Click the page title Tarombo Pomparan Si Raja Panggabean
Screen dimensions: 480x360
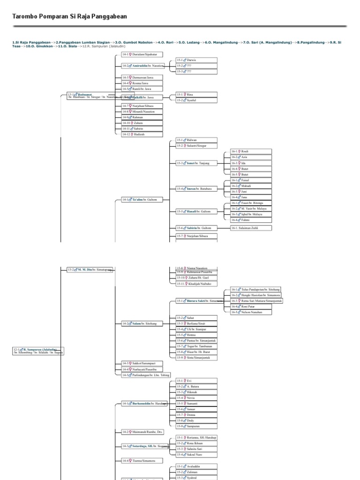(x=69, y=16)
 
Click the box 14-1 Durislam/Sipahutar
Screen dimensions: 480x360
(x=142, y=54)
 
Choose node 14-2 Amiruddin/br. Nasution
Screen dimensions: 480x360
(x=142, y=66)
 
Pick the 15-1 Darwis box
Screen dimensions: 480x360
(x=196, y=60)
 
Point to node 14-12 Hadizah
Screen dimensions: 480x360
(x=142, y=134)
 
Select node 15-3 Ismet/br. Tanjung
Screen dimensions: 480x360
(x=196, y=163)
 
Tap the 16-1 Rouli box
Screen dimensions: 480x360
(x=251, y=151)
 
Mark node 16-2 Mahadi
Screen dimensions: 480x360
(x=251, y=186)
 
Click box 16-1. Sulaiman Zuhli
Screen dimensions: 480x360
(x=251, y=228)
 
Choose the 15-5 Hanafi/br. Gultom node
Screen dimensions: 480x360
(x=196, y=211)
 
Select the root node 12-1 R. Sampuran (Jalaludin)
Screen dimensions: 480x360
(x=37, y=350)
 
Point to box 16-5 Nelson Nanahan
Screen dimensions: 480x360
(x=251, y=312)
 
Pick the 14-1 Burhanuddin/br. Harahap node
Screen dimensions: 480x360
(x=142, y=403)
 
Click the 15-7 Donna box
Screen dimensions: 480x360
(x=196, y=415)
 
